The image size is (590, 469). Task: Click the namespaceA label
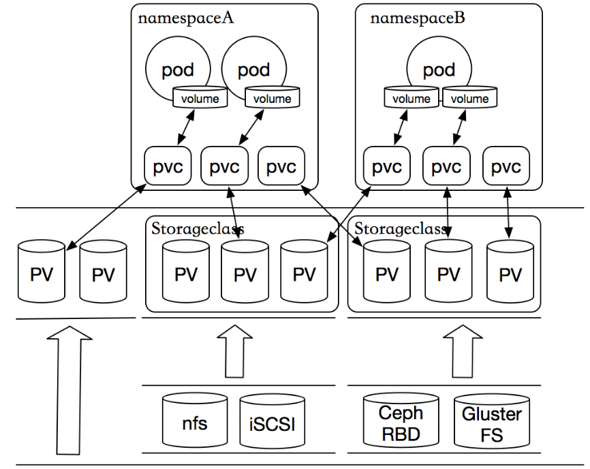[x=186, y=18]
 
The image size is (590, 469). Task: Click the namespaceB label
[x=418, y=18]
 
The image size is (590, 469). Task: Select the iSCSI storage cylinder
[x=268, y=423]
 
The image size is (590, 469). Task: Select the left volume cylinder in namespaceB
[x=411, y=97]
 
